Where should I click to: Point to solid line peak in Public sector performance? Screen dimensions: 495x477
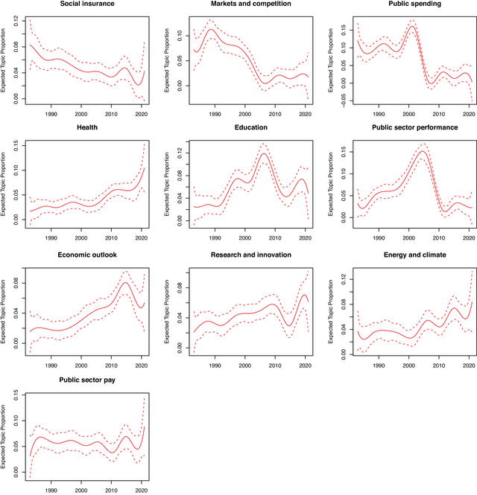click(x=421, y=152)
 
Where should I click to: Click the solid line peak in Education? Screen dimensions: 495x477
click(x=264, y=153)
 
